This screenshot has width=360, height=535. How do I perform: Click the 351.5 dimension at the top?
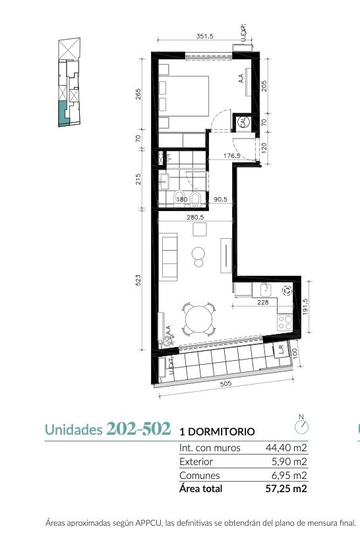coord(204,36)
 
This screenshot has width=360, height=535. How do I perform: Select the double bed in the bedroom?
coord(184,96)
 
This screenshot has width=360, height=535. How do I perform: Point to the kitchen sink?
coord(266,290)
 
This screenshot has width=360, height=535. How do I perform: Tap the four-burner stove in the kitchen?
coord(285,322)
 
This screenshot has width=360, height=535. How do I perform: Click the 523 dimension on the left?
coord(138,280)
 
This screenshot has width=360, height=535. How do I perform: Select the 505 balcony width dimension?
coord(225,383)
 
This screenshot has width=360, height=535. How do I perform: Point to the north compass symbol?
coord(301,426)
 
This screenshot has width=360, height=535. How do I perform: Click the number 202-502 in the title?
coord(138,429)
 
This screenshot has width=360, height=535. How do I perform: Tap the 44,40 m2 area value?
coord(286,448)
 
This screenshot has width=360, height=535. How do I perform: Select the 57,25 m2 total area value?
coord(286,489)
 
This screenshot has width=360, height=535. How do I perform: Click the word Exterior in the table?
coord(196,462)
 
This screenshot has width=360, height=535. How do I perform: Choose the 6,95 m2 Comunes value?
coord(289,475)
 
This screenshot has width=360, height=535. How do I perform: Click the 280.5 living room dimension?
coord(195,217)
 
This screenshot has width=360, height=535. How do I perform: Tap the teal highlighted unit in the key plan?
coord(64,113)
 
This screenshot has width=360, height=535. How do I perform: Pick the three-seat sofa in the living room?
coord(168,257)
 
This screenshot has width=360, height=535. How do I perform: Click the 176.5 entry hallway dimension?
coord(232,156)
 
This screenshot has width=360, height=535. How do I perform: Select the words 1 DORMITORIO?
coord(217,431)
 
